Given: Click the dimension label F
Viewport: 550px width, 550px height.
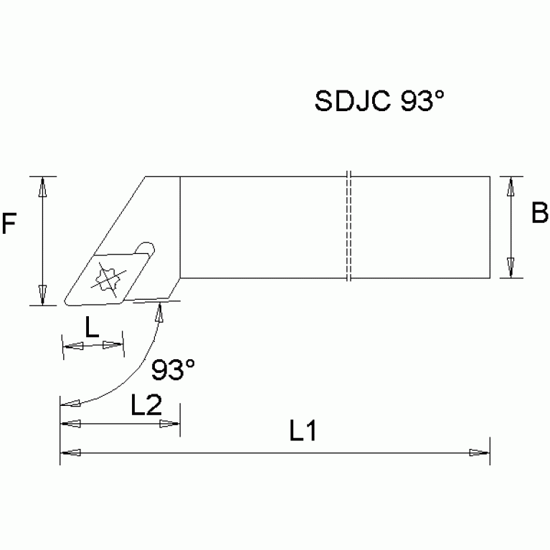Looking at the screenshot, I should tap(10, 225).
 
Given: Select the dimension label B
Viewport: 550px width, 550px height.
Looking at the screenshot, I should tap(539, 214).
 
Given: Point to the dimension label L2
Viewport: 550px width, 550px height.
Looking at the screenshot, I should tap(146, 406).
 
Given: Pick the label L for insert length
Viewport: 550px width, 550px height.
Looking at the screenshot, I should tap(93, 328).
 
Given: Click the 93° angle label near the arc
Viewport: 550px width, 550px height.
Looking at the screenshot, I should tap(174, 370).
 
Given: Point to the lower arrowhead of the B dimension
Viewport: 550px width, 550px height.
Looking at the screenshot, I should tap(510, 267).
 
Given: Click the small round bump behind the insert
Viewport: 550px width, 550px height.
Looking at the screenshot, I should tap(146, 249).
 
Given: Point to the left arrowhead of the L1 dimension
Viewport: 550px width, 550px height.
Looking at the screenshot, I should tap(70, 452).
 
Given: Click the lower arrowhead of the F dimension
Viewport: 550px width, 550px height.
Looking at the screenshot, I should tap(43, 295).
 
